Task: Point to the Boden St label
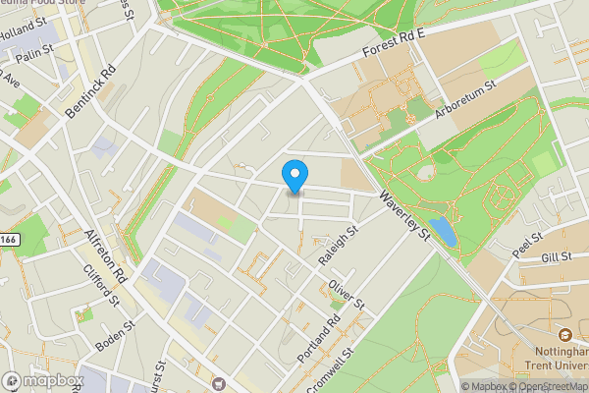click(115, 337)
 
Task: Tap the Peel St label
click(527, 239)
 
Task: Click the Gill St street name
click(556, 257)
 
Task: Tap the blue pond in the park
click(443, 231)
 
